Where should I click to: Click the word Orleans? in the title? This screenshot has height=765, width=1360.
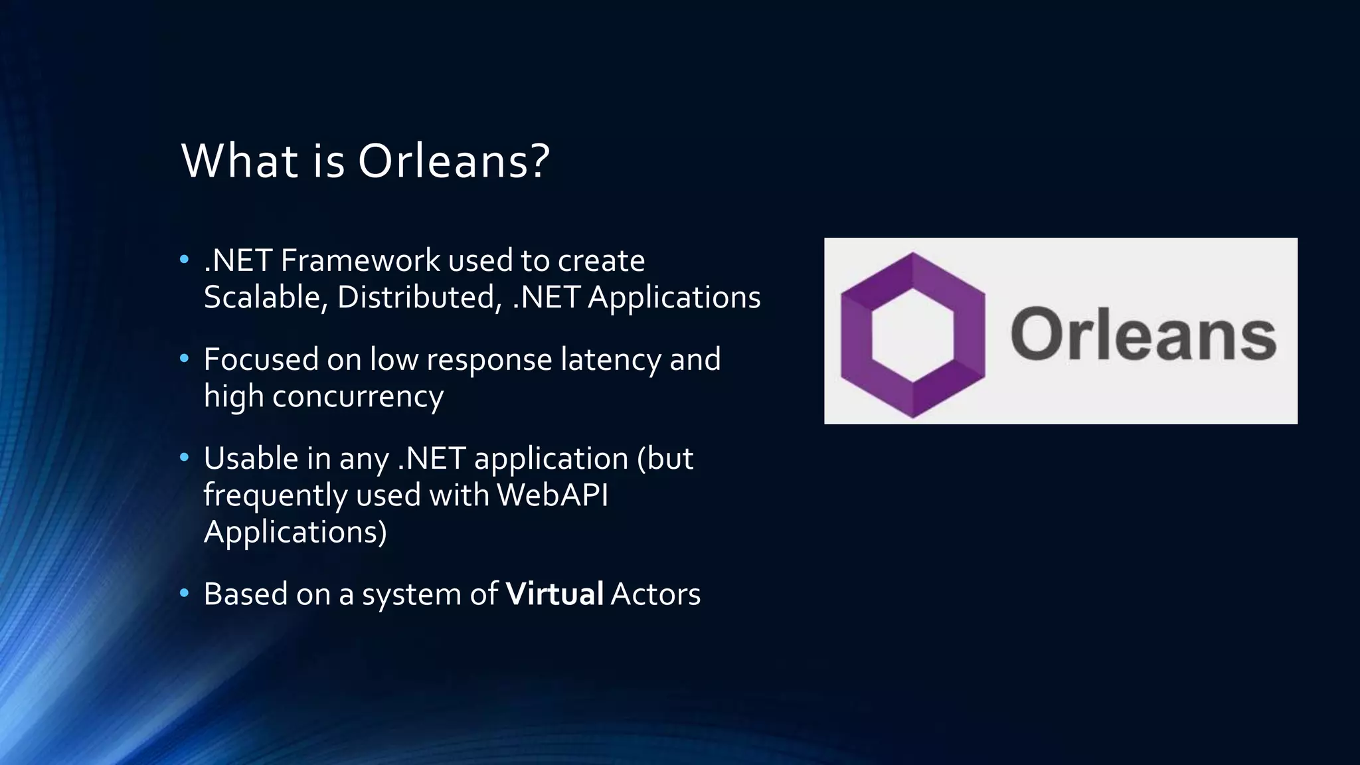pos(454,161)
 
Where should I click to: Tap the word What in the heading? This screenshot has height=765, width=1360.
pos(240,161)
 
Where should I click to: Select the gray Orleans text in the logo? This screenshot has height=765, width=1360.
pos(1143,334)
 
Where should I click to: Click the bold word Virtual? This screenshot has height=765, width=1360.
pos(554,594)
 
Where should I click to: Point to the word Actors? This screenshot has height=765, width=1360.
pos(655,594)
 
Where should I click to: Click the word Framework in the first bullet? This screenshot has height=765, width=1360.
pos(360,260)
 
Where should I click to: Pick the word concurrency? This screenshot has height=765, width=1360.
pos(357,396)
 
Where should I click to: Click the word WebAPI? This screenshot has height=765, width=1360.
pos(552,495)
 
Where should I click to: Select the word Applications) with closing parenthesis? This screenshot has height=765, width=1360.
pos(295,532)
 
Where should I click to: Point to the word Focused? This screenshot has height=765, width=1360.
pos(261,359)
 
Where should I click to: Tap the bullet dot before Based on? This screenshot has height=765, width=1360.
pos(185,592)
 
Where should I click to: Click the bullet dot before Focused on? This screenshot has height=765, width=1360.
pos(185,359)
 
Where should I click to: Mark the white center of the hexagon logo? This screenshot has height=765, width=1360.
pos(913,335)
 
